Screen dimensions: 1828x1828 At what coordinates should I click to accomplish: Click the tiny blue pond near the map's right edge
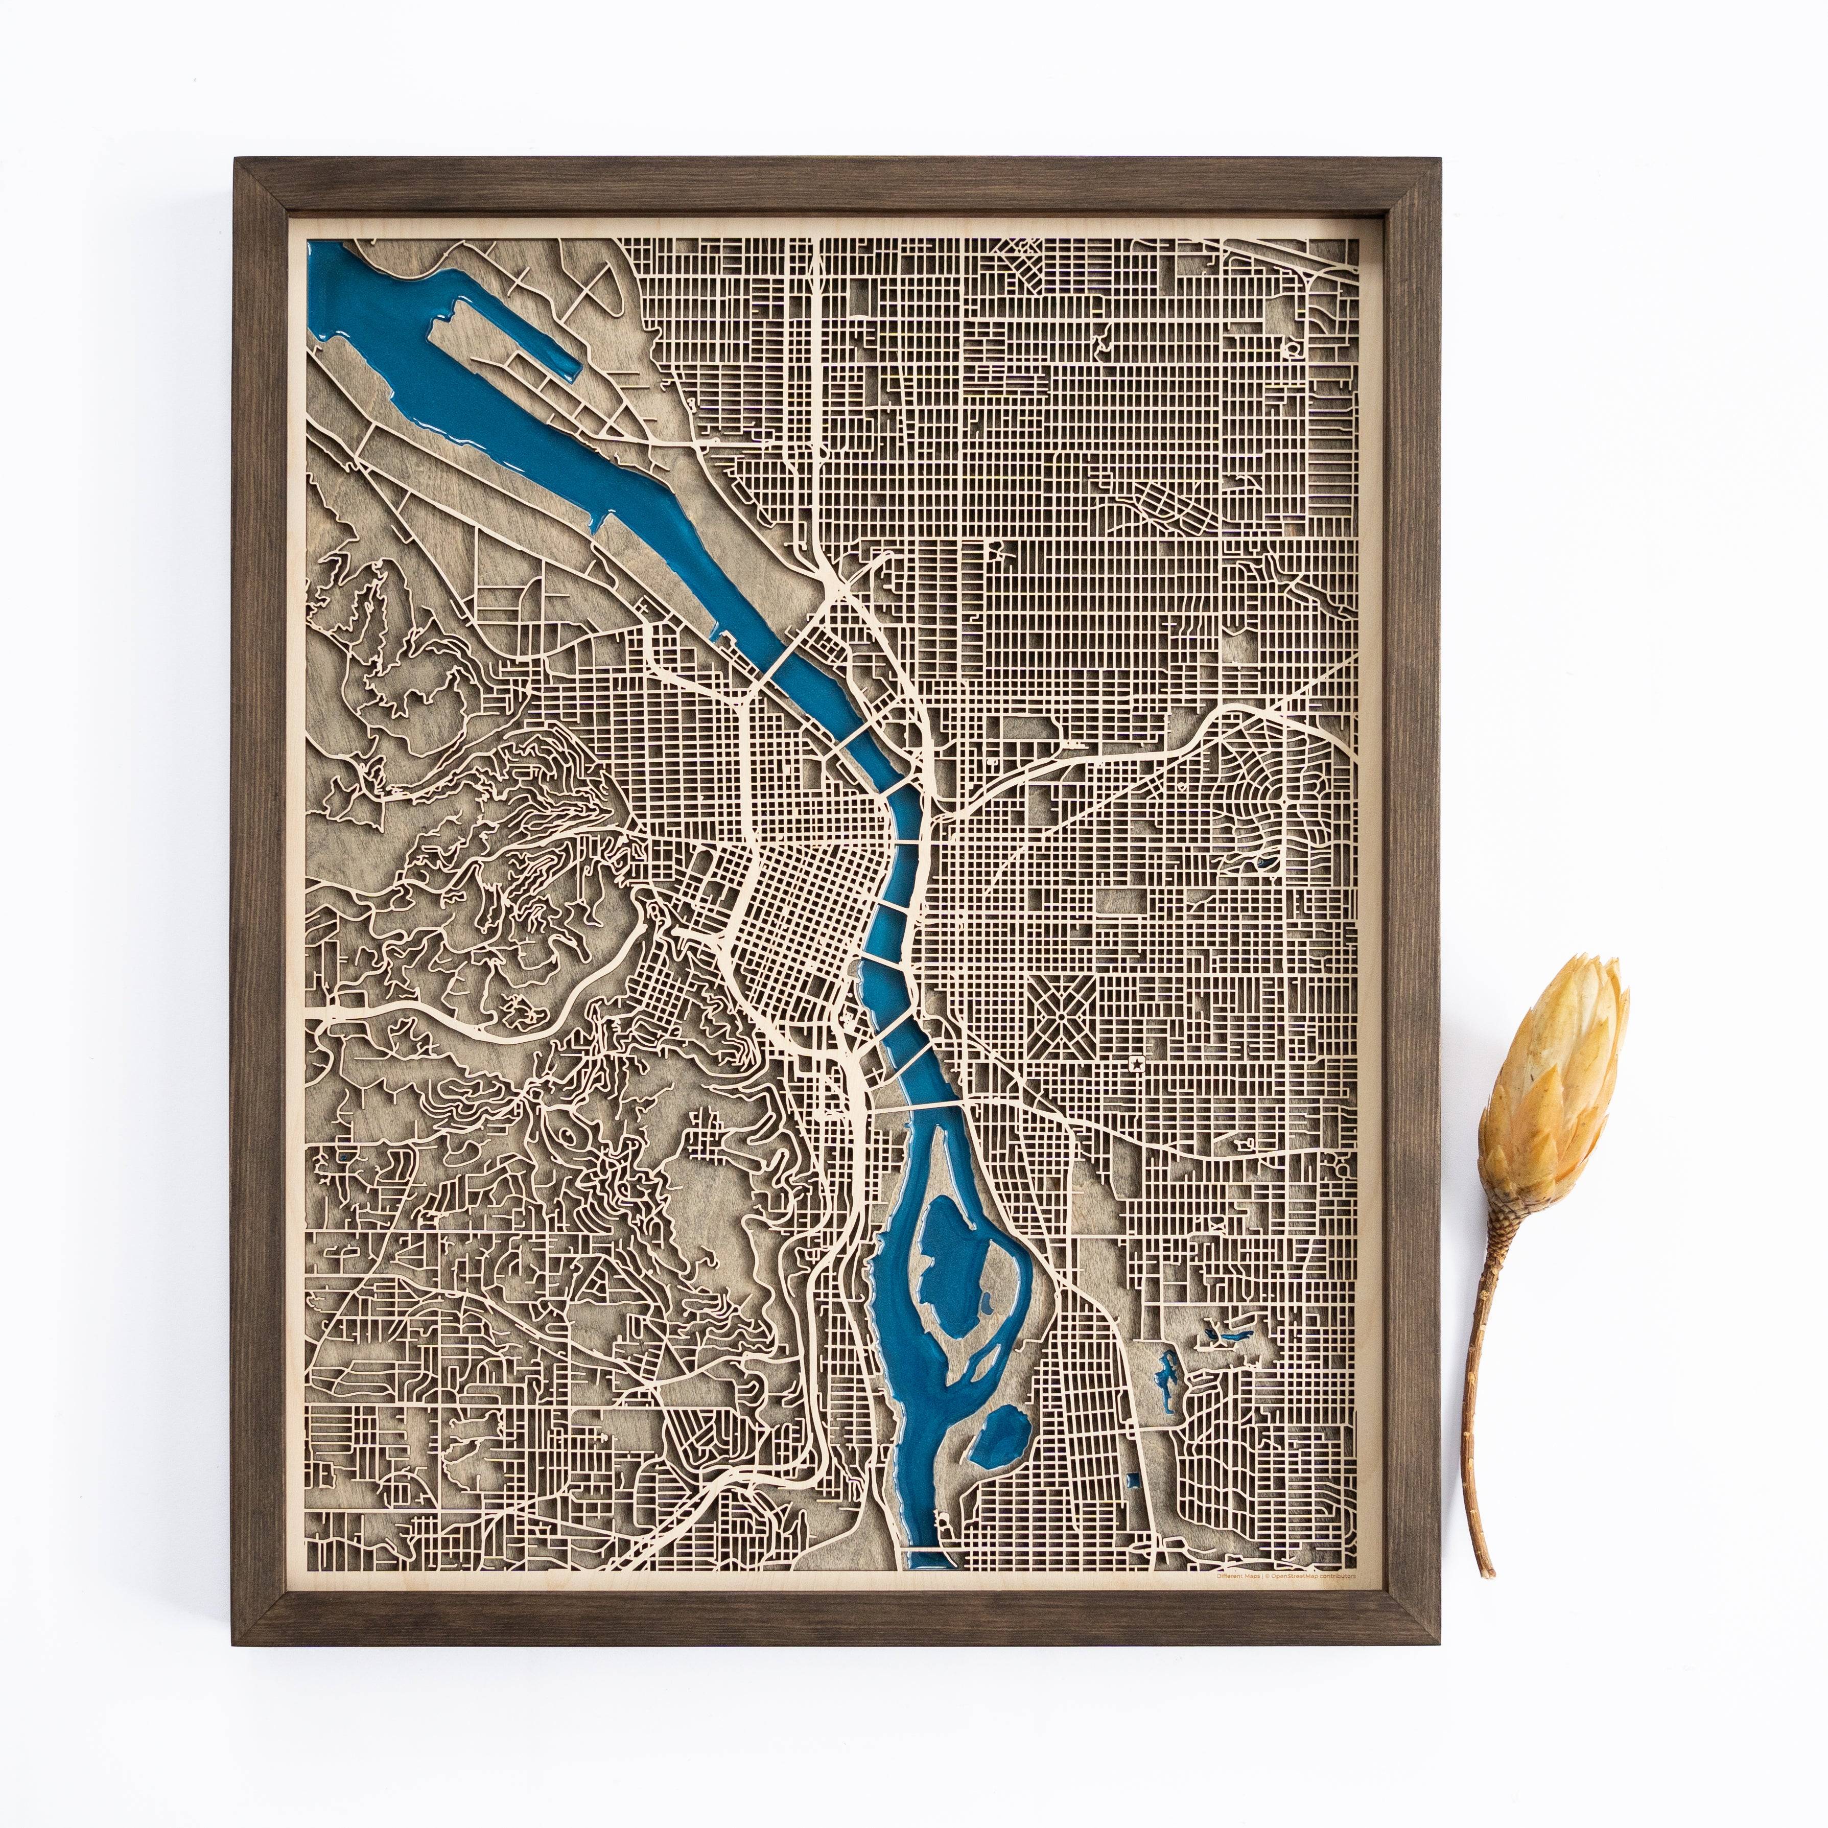click(x=1265, y=861)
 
